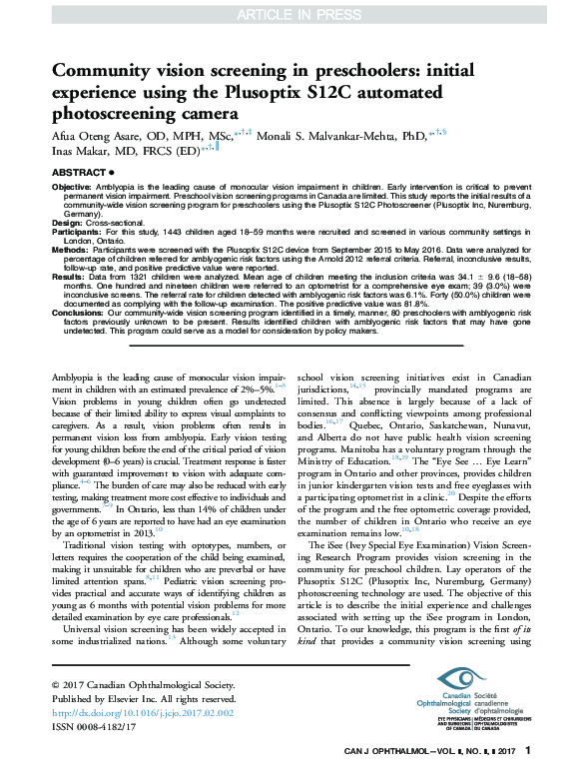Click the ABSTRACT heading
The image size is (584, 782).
coord(76,173)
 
